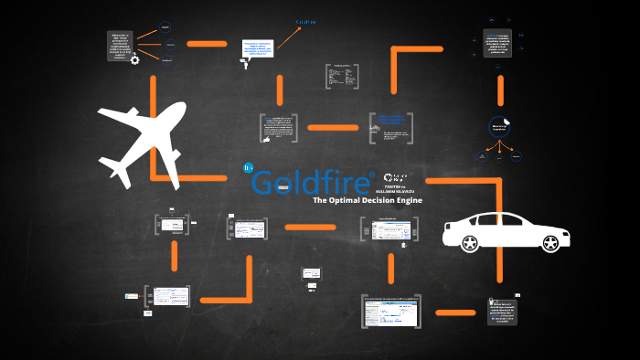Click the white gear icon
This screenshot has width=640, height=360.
pyautogui.click(x=134, y=60)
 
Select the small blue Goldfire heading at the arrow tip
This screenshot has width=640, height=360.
pyautogui.click(x=304, y=21)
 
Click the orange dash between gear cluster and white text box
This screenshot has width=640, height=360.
pyautogui.click(x=212, y=43)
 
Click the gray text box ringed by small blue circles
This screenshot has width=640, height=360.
pyautogui.click(x=498, y=41)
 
